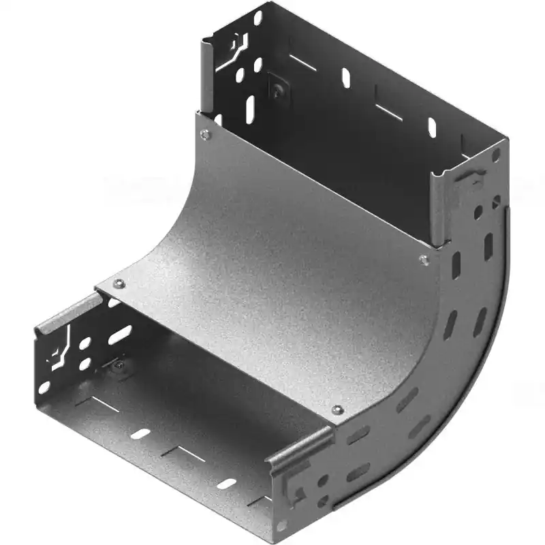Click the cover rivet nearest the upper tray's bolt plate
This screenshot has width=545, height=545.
point(204,135)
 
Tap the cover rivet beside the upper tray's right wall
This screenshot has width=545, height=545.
point(424,260)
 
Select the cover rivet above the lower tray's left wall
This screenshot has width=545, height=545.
point(119,284)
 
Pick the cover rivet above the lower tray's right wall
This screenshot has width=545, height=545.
point(336,409)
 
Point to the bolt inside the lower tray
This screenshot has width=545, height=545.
point(119,368)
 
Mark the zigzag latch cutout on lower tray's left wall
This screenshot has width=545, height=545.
point(60,349)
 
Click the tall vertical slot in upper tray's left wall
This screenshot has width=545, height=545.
point(250,109)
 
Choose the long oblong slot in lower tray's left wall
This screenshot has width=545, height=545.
point(120,334)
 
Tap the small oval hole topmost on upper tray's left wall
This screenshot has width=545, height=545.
point(258,18)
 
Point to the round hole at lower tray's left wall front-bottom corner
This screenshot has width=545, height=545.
point(44,388)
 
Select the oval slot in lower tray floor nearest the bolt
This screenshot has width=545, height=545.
point(140,433)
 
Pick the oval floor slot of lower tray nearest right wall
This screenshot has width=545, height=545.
point(227,483)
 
